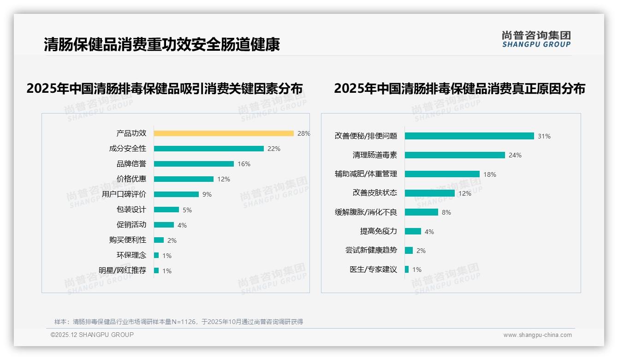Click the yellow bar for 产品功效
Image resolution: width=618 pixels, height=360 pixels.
pos(224,133)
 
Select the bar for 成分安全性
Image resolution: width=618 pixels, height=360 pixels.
pos(208,149)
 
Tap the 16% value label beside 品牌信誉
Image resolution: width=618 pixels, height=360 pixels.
pos(244,164)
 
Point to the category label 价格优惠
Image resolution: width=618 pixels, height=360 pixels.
pos(131,179)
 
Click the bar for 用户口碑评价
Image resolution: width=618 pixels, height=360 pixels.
pos(176,194)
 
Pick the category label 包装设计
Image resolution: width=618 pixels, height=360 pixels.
pos(131,210)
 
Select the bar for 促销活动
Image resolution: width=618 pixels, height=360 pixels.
pos(164,225)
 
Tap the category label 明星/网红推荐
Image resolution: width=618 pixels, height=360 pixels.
pos(123,270)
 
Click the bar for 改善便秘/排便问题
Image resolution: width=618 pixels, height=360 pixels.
pos(469,136)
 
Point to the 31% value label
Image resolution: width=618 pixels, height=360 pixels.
pos(544,136)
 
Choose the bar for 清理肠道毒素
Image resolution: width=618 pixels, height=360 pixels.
pos(455,155)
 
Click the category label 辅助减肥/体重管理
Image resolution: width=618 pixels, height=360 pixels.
pos(366,174)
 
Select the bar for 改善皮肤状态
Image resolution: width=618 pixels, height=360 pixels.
pos(430,193)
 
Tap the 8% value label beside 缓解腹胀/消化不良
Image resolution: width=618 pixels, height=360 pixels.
pos(446,212)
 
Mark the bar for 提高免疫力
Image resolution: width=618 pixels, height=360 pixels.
pos(413,231)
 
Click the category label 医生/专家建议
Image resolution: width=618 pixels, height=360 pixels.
pos(373,270)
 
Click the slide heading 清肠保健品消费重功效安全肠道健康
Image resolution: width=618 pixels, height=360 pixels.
pos(162,45)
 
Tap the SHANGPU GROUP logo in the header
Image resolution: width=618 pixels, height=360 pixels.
pos(536,39)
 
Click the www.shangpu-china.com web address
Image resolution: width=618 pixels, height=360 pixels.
pos(537,335)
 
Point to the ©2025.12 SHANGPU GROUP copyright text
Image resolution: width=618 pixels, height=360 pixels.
pos(92,335)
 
